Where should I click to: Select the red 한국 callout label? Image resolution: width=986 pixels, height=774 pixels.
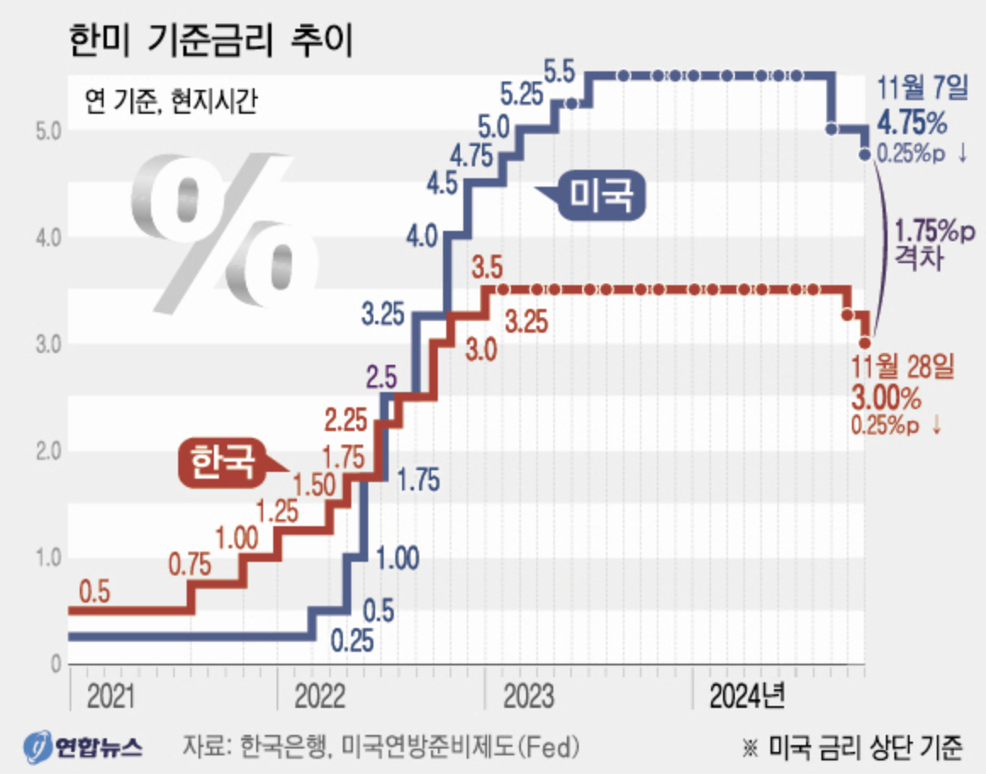(221, 464)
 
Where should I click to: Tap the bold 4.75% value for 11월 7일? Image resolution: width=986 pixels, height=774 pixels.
(912, 124)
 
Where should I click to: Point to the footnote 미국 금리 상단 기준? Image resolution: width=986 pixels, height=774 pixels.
(865, 747)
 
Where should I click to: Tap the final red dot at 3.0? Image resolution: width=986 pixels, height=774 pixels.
(864, 343)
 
